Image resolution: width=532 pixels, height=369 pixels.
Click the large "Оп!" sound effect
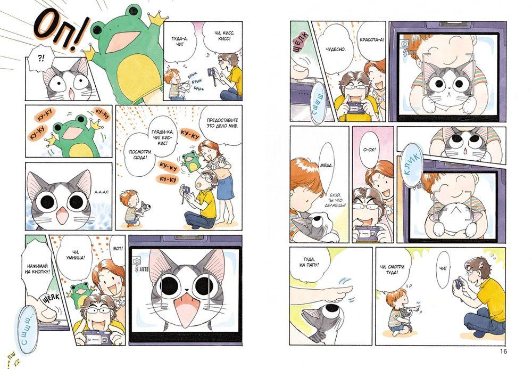click(x=61, y=32)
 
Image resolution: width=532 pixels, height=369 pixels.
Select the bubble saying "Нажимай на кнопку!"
click(x=37, y=266)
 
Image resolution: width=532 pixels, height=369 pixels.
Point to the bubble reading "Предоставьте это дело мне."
click(x=222, y=123)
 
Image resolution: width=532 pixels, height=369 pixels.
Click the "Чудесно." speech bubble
click(x=336, y=50)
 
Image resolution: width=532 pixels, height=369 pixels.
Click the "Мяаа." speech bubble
click(x=327, y=166)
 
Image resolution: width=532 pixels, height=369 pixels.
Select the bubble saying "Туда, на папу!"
click(x=309, y=262)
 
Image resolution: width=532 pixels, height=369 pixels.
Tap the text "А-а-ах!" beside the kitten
click(x=102, y=192)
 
